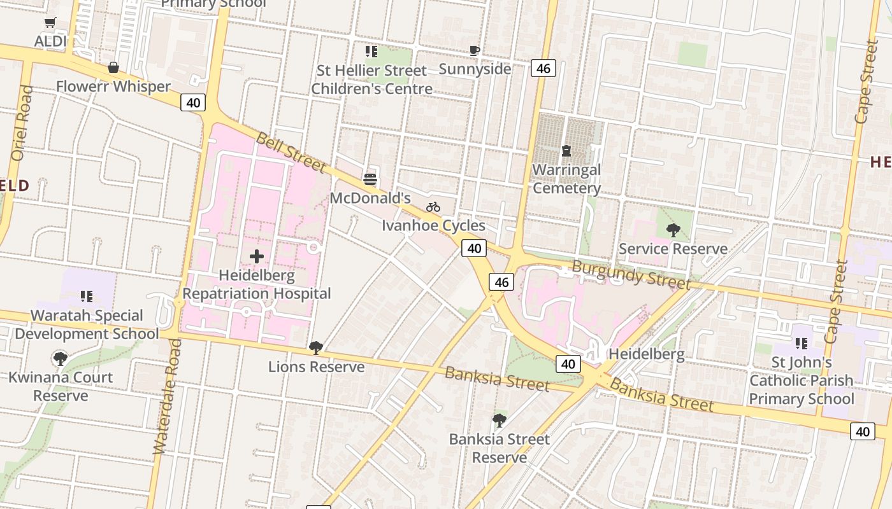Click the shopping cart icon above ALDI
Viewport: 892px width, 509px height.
[x=50, y=23]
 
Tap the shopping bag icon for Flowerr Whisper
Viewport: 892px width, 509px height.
[x=113, y=67]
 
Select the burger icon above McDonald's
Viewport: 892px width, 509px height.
[x=370, y=179]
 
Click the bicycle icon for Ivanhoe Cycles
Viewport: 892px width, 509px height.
[x=433, y=207]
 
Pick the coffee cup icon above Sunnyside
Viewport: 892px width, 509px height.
[x=475, y=51]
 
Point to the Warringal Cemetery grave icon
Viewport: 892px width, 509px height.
[x=566, y=151]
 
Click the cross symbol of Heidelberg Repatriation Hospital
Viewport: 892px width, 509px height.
[x=257, y=256]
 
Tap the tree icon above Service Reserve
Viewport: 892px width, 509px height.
[x=673, y=230]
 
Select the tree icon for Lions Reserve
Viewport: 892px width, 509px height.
[x=316, y=348]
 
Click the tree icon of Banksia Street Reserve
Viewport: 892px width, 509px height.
[x=500, y=421]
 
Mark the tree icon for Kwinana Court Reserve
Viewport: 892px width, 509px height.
[x=61, y=359]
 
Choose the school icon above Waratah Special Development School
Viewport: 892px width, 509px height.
[x=87, y=296]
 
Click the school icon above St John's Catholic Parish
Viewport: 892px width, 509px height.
[x=802, y=344]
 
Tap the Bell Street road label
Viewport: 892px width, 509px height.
[x=291, y=153]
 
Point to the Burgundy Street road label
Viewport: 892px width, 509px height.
[x=631, y=274]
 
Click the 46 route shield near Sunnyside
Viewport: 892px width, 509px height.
[x=543, y=68]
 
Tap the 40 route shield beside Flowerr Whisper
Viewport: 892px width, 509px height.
[x=193, y=102]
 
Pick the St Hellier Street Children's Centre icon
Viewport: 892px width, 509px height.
[x=371, y=52]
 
